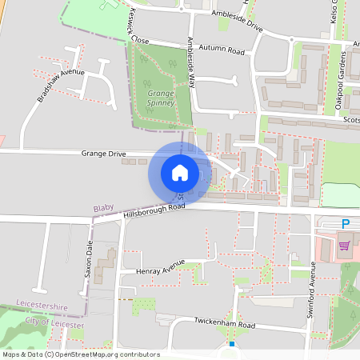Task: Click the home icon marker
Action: tap(180, 172)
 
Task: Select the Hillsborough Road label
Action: tap(154, 210)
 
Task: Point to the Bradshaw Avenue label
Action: tap(60, 85)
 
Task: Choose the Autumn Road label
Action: tap(222, 50)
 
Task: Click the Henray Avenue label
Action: tap(160, 267)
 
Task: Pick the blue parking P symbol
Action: tap(346, 224)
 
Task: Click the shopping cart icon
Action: tap(346, 246)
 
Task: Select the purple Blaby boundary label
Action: tap(104, 208)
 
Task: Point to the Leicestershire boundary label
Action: tap(42, 307)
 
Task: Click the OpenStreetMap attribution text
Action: tap(80, 354)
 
